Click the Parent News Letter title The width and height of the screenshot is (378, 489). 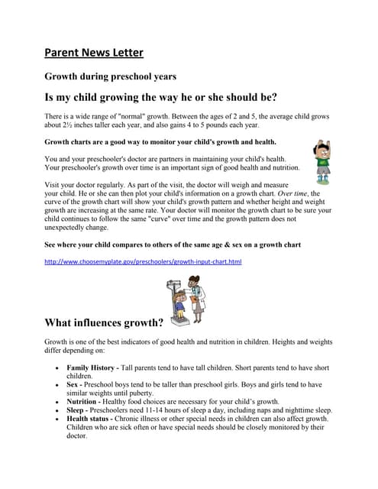(x=94, y=53)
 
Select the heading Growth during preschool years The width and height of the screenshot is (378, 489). (x=111, y=76)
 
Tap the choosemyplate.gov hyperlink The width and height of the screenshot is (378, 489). (x=144, y=262)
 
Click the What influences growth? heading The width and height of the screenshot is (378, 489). (x=104, y=322)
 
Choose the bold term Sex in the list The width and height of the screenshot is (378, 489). (x=75, y=384)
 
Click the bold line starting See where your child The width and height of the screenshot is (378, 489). (x=173, y=244)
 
